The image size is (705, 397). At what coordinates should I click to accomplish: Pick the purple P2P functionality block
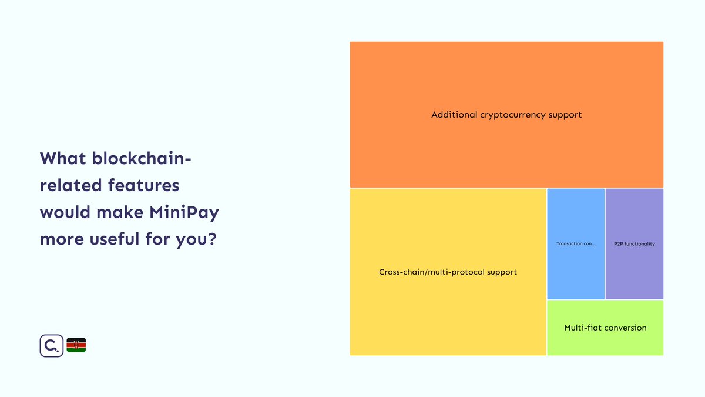pos(634,271)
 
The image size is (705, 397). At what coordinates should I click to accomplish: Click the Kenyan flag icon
pos(76,345)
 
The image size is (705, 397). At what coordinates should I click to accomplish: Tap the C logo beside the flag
pos(51,345)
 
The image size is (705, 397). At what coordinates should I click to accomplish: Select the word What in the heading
pos(62,159)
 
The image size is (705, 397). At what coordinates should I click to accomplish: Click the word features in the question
pos(143,186)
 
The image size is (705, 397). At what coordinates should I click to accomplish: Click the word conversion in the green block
pos(624,328)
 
